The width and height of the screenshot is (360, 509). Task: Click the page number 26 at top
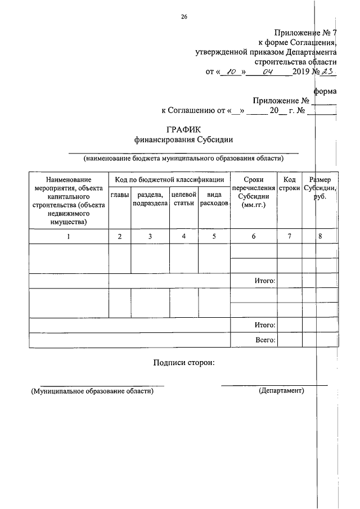click(x=184, y=17)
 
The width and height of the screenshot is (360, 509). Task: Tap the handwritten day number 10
click(x=228, y=71)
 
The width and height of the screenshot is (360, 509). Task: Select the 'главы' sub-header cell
click(x=119, y=195)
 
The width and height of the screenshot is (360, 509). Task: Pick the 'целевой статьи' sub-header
click(x=183, y=199)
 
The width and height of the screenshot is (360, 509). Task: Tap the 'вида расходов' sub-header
click(x=214, y=199)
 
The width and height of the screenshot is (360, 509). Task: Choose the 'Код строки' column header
click(x=289, y=183)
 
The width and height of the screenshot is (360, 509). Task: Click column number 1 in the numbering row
click(x=68, y=236)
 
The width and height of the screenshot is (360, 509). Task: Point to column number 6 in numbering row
click(x=253, y=236)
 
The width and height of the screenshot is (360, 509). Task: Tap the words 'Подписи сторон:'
click(x=183, y=363)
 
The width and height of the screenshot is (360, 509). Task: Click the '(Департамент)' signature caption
click(x=281, y=390)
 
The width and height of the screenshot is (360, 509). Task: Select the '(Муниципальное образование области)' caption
click(x=92, y=391)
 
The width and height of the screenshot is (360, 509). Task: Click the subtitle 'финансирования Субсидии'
click(x=183, y=139)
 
